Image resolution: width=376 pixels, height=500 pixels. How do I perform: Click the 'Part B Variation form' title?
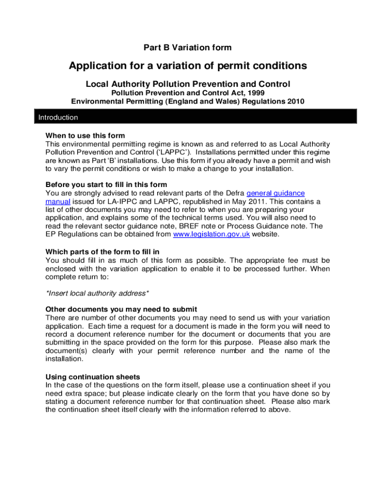click(x=188, y=47)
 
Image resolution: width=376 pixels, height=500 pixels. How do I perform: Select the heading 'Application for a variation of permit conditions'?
click(x=188, y=66)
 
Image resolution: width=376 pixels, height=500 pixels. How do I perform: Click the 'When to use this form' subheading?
click(x=85, y=136)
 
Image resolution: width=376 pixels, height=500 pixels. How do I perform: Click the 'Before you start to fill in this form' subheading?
click(x=106, y=185)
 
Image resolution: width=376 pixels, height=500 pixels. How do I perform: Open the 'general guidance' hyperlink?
click(x=275, y=193)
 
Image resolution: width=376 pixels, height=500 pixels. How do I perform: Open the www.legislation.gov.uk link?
click(x=211, y=234)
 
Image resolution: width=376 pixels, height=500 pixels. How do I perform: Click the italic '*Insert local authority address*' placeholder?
click(x=97, y=293)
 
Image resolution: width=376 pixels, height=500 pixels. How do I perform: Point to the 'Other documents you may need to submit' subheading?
click(x=121, y=309)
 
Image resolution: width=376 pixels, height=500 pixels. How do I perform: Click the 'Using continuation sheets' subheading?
click(x=93, y=377)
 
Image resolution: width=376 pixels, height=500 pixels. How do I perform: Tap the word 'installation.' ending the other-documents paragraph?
click(x=64, y=359)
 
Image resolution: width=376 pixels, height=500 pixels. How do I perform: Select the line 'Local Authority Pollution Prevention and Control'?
click(x=188, y=84)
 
